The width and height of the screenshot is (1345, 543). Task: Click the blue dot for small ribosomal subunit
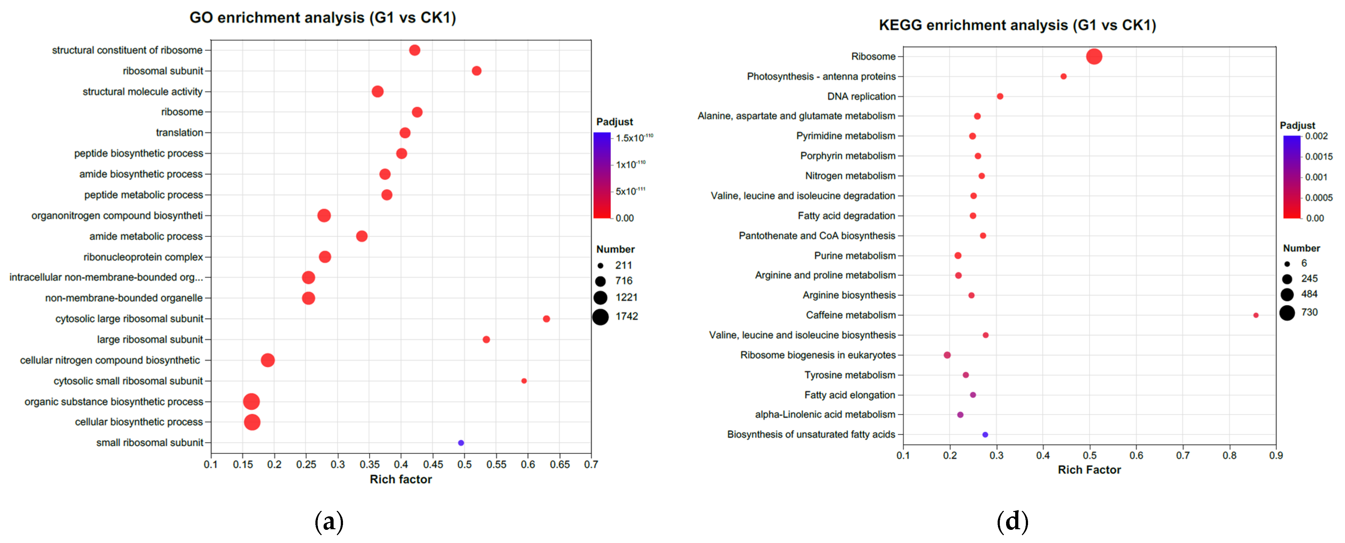coord(461,443)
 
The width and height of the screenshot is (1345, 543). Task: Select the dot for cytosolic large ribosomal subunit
coord(546,319)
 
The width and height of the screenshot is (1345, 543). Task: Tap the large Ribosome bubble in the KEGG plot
coord(1094,56)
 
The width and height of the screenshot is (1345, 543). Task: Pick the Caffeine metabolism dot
coord(1256,315)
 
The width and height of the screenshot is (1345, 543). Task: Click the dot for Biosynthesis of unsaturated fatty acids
coord(985,435)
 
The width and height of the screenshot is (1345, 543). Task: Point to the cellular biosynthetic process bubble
coord(252,422)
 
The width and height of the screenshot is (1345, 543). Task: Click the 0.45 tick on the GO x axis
coord(433,464)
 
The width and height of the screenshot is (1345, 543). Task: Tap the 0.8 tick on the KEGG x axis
coord(1230,455)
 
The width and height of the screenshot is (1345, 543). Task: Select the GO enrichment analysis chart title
coord(323,18)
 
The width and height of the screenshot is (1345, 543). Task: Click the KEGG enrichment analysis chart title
coord(1017,25)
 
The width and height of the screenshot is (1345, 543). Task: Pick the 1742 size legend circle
coord(600,317)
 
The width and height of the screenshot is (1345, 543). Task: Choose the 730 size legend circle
coord(1287,312)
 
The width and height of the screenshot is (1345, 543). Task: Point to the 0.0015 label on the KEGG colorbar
coord(1318,156)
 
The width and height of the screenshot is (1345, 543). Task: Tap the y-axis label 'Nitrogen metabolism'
coord(850,176)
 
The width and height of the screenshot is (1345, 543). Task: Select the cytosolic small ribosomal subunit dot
coord(524,381)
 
